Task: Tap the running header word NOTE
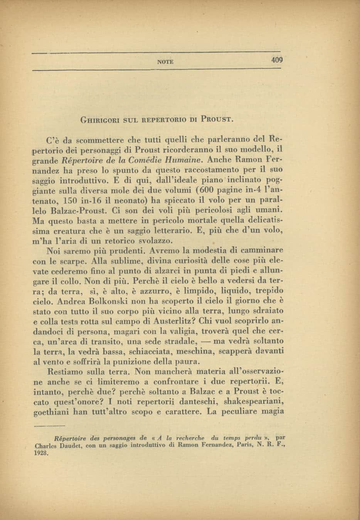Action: tap(166, 61)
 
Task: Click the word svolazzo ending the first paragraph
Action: tap(152, 242)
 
